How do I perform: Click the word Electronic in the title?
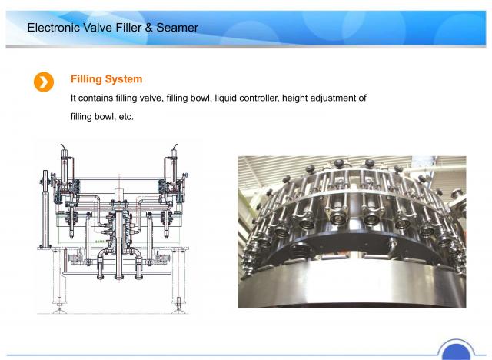pyautogui.click(x=53, y=28)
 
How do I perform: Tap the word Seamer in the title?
pyautogui.click(x=177, y=28)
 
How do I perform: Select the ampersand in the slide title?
pyautogui.click(x=148, y=28)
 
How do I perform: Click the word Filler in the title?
pyautogui.click(x=128, y=28)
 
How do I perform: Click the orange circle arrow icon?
pyautogui.click(x=44, y=82)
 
